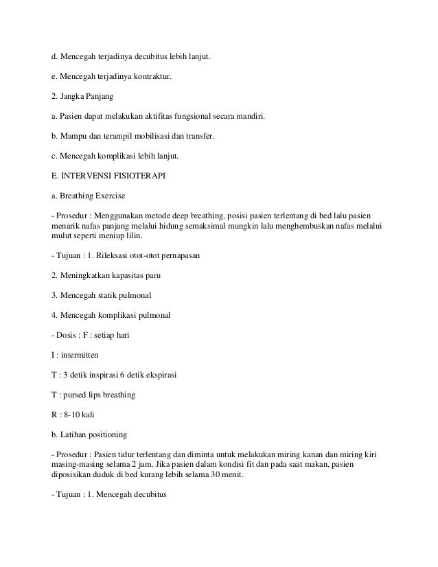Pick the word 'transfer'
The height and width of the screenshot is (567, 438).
[x=198, y=137]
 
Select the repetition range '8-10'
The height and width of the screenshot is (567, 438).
[x=72, y=416]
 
